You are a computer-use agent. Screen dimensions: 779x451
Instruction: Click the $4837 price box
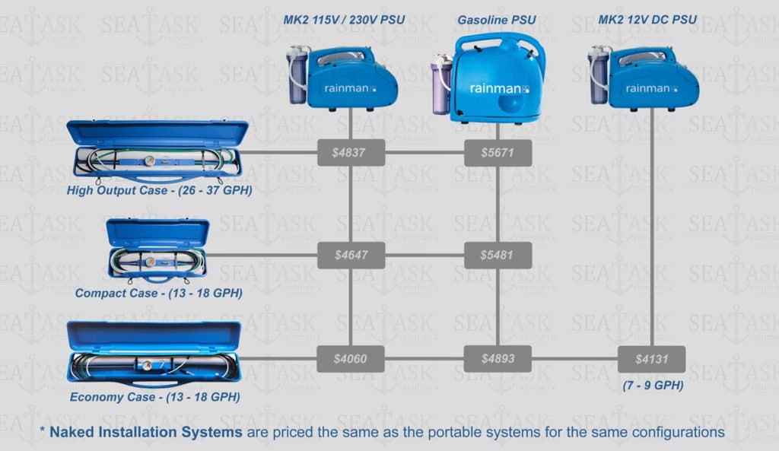pyautogui.click(x=351, y=152)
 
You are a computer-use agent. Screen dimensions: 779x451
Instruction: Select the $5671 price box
pyautogui.click(x=498, y=152)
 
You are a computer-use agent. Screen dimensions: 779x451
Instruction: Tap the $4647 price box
pyautogui.click(x=351, y=256)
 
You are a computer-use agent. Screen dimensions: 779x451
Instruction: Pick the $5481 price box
pyautogui.click(x=498, y=256)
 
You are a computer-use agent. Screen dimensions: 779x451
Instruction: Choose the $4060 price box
pyautogui.click(x=350, y=359)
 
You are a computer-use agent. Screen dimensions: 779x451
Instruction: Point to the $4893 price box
pyautogui.click(x=498, y=359)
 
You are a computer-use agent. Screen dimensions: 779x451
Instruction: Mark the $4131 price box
pyautogui.click(x=651, y=359)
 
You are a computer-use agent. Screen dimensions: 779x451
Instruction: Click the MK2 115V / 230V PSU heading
pyautogui.click(x=344, y=20)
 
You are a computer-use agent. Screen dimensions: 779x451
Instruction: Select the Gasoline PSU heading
pyautogui.click(x=496, y=20)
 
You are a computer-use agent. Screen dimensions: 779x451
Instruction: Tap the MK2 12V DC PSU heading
pyautogui.click(x=647, y=20)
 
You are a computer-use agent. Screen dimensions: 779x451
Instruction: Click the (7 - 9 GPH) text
pyautogui.click(x=653, y=386)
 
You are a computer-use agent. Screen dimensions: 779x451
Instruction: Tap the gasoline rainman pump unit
pyautogui.click(x=489, y=78)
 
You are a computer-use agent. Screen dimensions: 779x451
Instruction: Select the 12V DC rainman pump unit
pyautogui.click(x=644, y=78)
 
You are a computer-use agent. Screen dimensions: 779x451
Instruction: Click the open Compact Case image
pyautogui.click(x=157, y=250)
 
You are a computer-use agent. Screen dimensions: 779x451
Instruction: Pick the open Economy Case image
pyautogui.click(x=154, y=354)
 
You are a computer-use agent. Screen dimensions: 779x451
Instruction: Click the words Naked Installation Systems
pyautogui.click(x=145, y=432)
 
